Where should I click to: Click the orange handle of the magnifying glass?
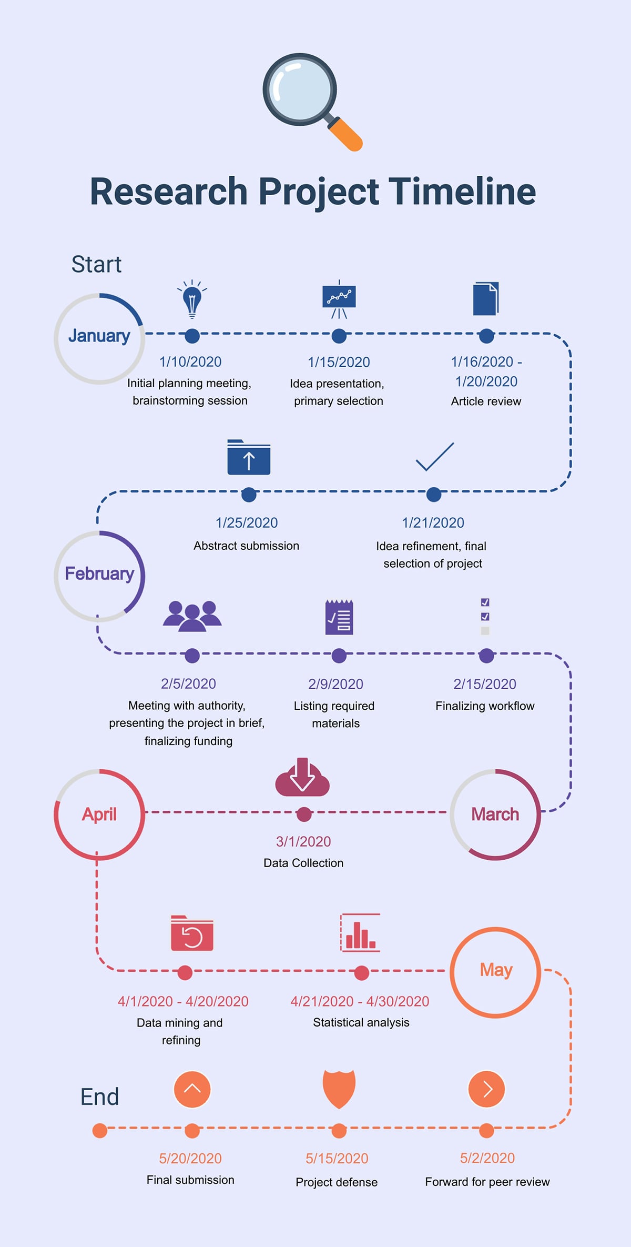[345, 135]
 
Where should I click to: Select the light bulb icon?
[192, 299]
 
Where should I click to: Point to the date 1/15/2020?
[339, 362]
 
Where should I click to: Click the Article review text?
[486, 401]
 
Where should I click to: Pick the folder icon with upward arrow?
[249, 458]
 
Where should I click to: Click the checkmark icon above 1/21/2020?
[434, 457]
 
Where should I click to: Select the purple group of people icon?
[192, 616]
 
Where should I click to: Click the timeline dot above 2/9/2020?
[339, 656]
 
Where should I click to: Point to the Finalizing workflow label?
[485, 706]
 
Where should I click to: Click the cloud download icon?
[302, 778]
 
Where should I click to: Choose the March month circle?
[495, 814]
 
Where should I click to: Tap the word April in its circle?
[99, 814]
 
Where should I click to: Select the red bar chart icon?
[360, 933]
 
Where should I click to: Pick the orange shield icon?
[339, 1088]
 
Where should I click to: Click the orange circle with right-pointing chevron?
[486, 1089]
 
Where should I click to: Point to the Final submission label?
[190, 1180]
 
